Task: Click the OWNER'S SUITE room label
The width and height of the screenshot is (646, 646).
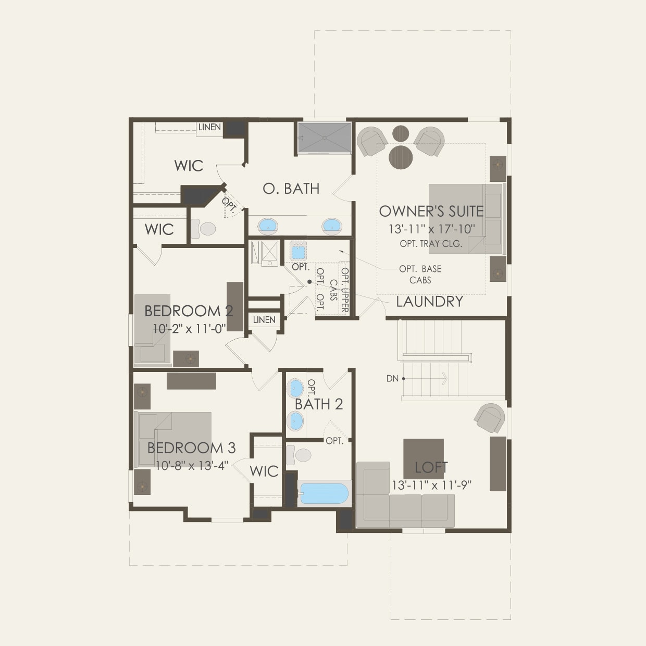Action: [x=431, y=211]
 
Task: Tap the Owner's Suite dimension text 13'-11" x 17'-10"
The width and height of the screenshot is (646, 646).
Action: [x=431, y=229]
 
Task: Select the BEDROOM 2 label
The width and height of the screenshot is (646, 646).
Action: [x=189, y=311]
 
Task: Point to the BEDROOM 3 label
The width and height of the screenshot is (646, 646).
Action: [x=191, y=448]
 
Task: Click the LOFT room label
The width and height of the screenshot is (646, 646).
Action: [x=431, y=467]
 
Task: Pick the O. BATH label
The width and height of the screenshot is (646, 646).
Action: [x=291, y=189]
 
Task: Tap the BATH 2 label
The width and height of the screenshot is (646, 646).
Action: [x=319, y=404]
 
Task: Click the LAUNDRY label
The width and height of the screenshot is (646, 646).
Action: [x=429, y=302]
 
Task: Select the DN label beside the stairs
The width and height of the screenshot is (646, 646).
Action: [x=392, y=379]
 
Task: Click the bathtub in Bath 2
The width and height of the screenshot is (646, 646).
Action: [x=324, y=493]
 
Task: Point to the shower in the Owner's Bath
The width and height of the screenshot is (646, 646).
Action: [x=325, y=138]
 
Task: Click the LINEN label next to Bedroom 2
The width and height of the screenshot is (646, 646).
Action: [x=264, y=320]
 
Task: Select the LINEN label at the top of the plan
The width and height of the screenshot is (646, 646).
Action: [x=209, y=127]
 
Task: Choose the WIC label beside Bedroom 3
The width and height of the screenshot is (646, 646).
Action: [x=264, y=471]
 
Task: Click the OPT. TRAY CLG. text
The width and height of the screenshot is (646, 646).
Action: [x=431, y=244]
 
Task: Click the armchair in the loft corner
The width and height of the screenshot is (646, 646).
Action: [x=490, y=417]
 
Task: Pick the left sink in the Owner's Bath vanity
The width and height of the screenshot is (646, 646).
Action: [x=268, y=226]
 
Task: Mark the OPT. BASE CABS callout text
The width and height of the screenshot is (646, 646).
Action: [x=420, y=275]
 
